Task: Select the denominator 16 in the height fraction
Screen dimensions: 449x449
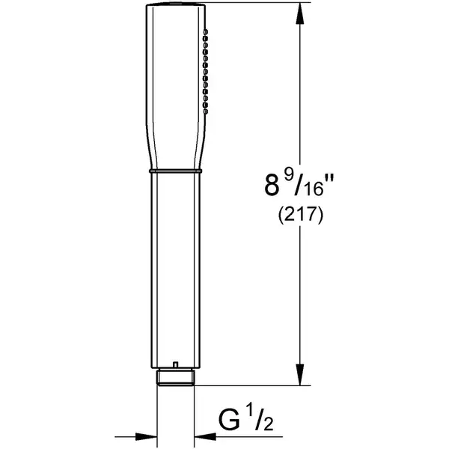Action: (314, 189)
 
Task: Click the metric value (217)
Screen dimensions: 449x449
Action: (301, 215)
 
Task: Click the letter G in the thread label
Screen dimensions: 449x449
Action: (229, 420)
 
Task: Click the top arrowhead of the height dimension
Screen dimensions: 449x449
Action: (300, 13)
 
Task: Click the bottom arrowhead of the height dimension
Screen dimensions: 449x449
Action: (300, 375)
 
